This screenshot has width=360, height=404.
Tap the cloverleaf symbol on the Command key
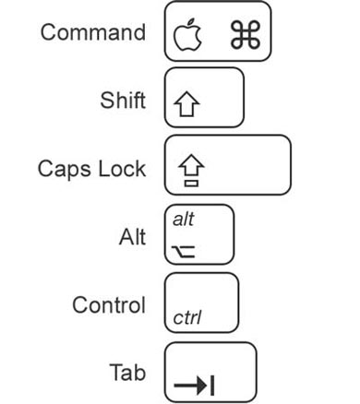click(246, 35)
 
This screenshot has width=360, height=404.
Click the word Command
click(92, 33)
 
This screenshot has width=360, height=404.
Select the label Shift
click(123, 101)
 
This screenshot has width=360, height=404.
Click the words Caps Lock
click(92, 169)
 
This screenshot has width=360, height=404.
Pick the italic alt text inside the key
click(184, 220)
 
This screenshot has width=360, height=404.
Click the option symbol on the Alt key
click(184, 248)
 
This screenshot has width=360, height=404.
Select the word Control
click(110, 304)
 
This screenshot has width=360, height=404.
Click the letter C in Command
click(47, 33)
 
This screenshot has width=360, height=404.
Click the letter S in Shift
click(105, 101)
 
